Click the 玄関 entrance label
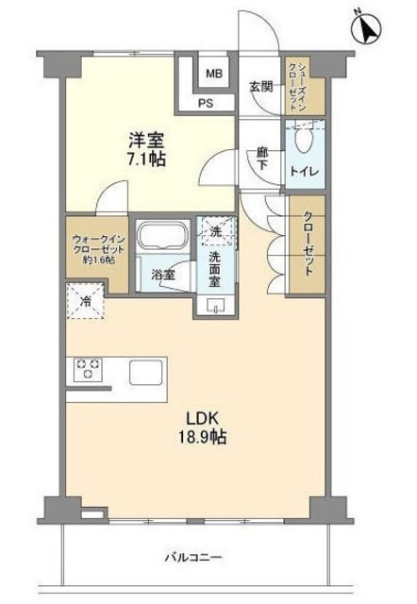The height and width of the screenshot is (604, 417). [259, 87]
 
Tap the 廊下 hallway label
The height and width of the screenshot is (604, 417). [262, 157]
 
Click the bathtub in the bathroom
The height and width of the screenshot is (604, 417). [164, 237]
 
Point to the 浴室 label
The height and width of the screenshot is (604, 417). [162, 275]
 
